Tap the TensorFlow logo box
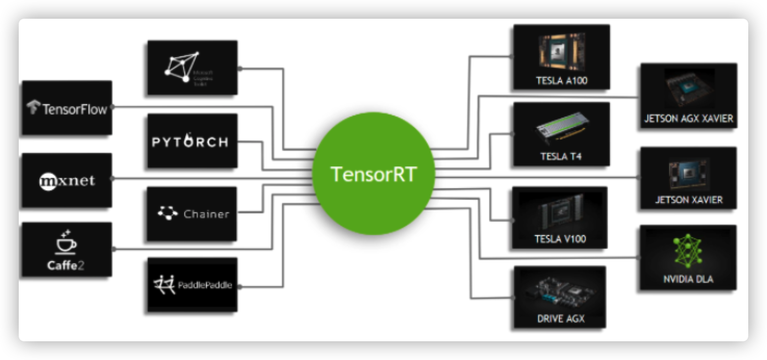click(x=67, y=108)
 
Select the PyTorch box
click(x=193, y=141)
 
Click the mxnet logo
click(x=67, y=181)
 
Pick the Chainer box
click(x=193, y=213)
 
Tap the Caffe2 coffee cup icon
click(x=66, y=242)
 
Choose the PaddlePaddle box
click(x=193, y=285)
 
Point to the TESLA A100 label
click(x=561, y=81)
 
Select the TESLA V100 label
click(x=559, y=239)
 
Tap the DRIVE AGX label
click(x=560, y=318)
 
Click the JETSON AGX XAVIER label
click(x=688, y=119)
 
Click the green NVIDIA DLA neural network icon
click(x=688, y=252)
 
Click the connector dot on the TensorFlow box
click(x=112, y=108)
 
